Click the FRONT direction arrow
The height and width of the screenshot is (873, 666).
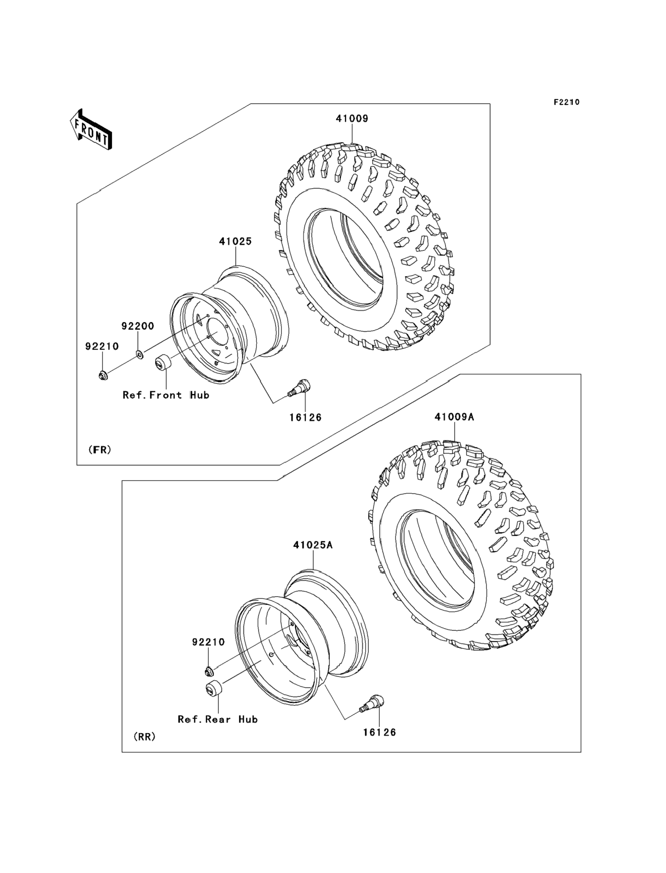pyautogui.click(x=91, y=129)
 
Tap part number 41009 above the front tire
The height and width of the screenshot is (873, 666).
pyautogui.click(x=352, y=118)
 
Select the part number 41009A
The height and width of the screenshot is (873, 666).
pyautogui.click(x=454, y=417)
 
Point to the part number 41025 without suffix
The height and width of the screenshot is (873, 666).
pyautogui.click(x=235, y=241)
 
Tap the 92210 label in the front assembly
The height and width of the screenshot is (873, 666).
pyautogui.click(x=102, y=346)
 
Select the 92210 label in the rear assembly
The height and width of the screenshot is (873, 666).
pyautogui.click(x=209, y=642)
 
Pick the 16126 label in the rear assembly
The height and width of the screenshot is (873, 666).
pyautogui.click(x=380, y=732)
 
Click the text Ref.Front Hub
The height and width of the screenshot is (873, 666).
pyautogui.click(x=166, y=395)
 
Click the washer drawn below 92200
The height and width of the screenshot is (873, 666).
pyautogui.click(x=140, y=354)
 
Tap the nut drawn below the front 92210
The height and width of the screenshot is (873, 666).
pyautogui.click(x=103, y=374)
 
